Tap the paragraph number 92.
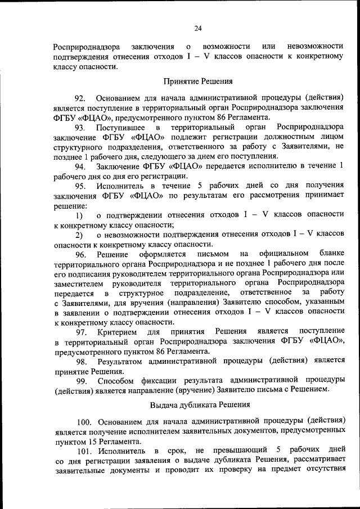click(80, 98)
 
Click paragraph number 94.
click(80, 166)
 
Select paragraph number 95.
click(80, 186)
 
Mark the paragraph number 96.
click(80, 255)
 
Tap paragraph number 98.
click(82, 361)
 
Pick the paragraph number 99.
click(82, 381)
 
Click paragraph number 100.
click(84, 421)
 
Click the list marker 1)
click(79, 215)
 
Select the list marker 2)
click(79, 235)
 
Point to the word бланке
click(327, 255)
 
